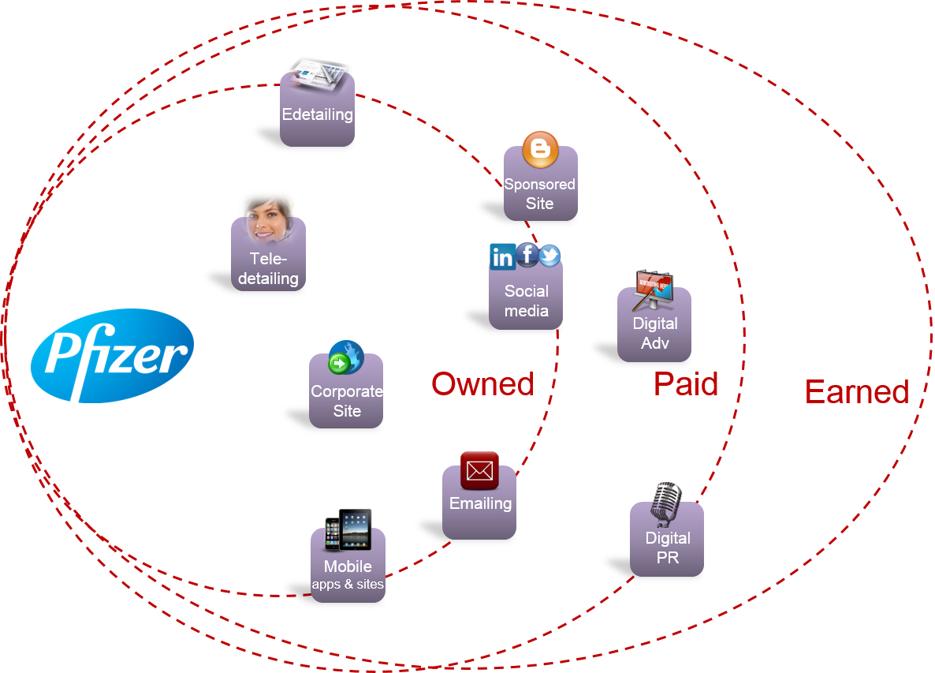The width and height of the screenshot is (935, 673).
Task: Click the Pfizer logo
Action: click(112, 356)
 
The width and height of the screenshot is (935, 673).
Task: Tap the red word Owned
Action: click(482, 383)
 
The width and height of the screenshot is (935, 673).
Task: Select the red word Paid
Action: click(686, 383)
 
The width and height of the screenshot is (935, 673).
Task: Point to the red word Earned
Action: click(857, 392)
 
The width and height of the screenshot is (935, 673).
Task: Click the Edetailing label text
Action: click(317, 114)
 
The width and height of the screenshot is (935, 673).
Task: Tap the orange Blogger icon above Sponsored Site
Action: click(540, 149)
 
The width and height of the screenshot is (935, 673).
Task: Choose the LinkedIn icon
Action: click(503, 256)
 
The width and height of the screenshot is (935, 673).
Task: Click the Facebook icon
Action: click(527, 255)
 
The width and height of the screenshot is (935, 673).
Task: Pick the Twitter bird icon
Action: click(549, 256)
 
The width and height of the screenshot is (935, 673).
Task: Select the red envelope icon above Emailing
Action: click(479, 471)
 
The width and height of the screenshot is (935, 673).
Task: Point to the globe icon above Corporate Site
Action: click(346, 357)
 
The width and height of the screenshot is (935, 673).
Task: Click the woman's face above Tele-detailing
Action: click(270, 222)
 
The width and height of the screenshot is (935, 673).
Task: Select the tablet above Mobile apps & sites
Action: click(356, 529)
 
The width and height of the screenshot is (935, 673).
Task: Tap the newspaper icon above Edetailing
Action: click(318, 76)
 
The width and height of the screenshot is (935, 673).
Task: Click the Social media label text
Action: click(526, 301)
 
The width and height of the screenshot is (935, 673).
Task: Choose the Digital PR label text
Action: click(667, 548)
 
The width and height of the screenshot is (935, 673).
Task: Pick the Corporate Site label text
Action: click(346, 401)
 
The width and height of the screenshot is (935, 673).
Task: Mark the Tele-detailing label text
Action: click(268, 268)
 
